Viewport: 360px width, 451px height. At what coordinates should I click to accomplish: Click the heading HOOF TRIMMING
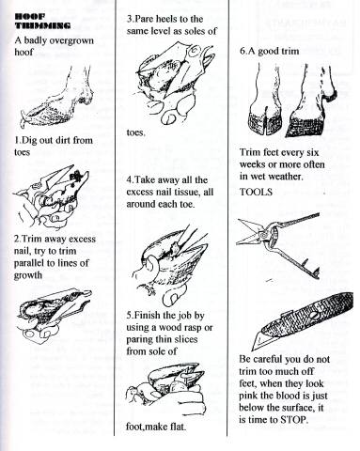(42, 21)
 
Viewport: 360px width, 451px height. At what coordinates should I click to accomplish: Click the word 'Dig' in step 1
(29, 140)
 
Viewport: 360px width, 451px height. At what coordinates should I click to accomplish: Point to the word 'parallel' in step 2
(30, 263)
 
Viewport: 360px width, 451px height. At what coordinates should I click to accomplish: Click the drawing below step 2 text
(54, 314)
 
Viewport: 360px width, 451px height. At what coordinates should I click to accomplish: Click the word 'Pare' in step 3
(145, 19)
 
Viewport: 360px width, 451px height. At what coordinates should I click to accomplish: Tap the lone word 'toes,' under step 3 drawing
(135, 132)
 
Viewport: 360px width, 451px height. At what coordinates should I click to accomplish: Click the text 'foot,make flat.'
(156, 427)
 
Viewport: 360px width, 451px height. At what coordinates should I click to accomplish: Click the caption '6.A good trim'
(269, 51)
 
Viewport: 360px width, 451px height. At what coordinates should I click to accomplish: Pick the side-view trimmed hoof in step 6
(310, 103)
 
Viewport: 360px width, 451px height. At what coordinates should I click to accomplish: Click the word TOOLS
(256, 192)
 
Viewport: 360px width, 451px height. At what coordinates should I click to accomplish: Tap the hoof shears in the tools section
(277, 243)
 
